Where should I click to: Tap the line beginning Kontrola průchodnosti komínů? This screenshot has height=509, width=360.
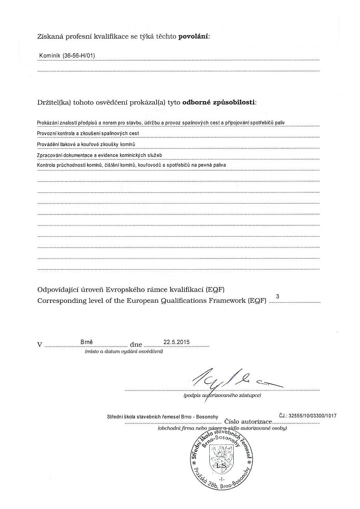[131, 165]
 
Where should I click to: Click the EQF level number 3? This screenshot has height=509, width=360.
[277, 296]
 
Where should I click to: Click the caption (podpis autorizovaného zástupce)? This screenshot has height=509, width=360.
[223, 395]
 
